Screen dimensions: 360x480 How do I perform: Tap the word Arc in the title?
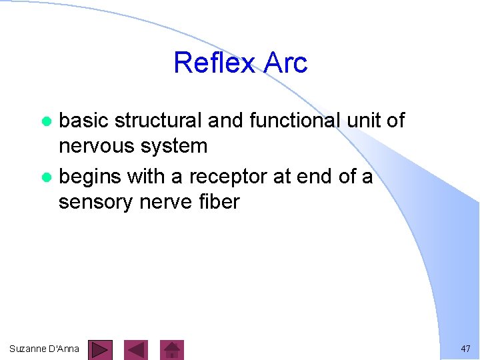click(285, 63)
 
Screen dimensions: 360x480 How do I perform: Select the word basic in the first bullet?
click(85, 121)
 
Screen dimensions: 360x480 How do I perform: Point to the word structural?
click(158, 121)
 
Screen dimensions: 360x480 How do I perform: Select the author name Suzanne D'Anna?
click(45, 349)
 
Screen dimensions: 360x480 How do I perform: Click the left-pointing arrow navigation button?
click(137, 350)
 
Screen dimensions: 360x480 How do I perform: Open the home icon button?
click(173, 350)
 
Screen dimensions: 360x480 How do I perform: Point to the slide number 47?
click(465, 349)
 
